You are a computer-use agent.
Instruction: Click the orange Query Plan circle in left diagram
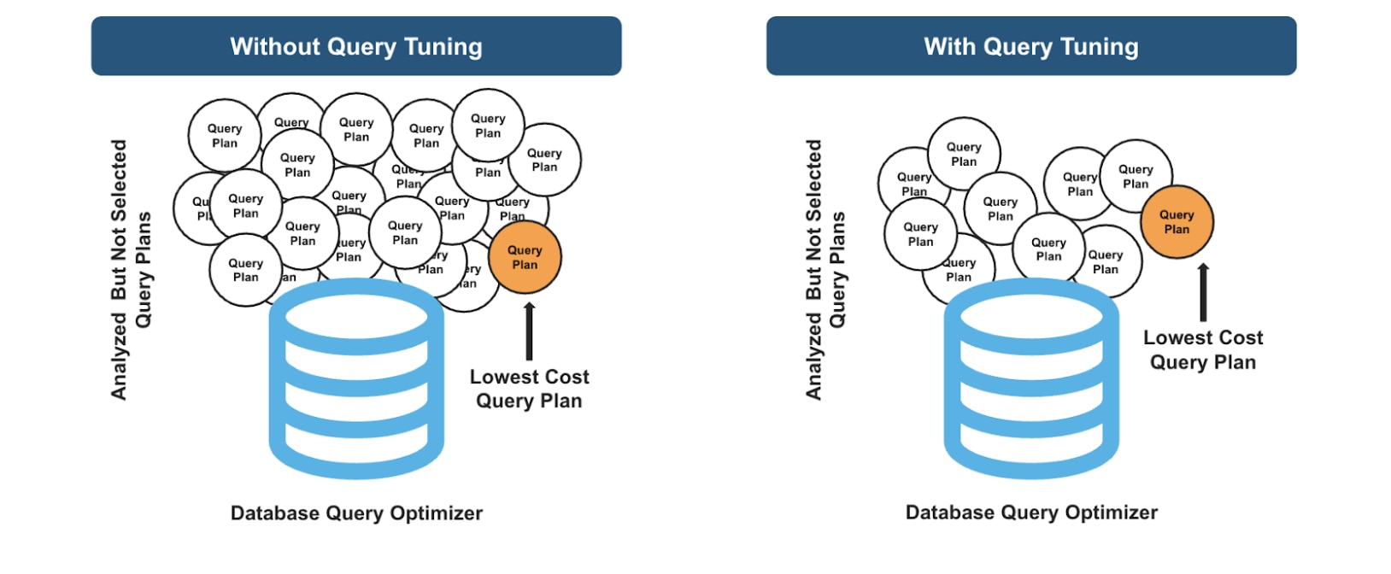pyautogui.click(x=525, y=257)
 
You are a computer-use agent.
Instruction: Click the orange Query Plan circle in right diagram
pyautogui.click(x=1177, y=222)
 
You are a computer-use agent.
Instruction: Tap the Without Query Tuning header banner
pyautogui.click(x=356, y=46)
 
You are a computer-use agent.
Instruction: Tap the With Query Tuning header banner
pyautogui.click(x=1031, y=46)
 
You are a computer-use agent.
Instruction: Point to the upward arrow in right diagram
pyautogui.click(x=1203, y=292)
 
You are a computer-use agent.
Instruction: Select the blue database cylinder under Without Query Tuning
pyautogui.click(x=356, y=380)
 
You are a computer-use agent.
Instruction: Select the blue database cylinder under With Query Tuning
pyautogui.click(x=1031, y=380)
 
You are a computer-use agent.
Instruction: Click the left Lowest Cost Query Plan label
pyautogui.click(x=529, y=389)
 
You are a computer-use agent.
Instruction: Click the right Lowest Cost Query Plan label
pyautogui.click(x=1203, y=350)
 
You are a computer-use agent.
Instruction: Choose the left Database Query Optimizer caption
pyautogui.click(x=356, y=513)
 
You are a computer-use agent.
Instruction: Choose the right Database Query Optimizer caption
pyautogui.click(x=1031, y=512)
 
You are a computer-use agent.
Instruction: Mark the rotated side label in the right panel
pyautogui.click(x=825, y=270)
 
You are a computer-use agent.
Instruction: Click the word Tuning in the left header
pyautogui.click(x=443, y=46)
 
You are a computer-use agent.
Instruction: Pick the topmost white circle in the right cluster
pyautogui.click(x=964, y=154)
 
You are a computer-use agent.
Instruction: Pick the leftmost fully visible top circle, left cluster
pyautogui.click(x=225, y=135)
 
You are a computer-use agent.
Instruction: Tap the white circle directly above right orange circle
pyautogui.click(x=1136, y=176)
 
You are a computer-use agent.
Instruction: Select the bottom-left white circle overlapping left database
pyautogui.click(x=245, y=270)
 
